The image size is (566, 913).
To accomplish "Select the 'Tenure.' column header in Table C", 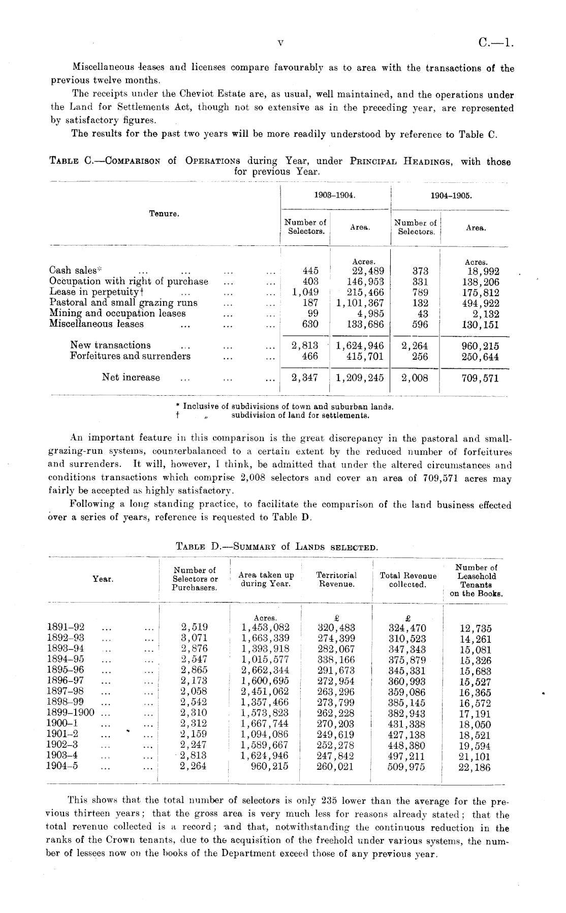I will (164, 214).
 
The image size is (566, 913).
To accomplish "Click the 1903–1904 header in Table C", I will (335, 195).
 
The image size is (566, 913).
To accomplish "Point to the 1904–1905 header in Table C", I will (450, 195).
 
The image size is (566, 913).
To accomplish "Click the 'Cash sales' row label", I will (73, 270).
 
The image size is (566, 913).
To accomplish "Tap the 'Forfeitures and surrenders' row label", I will (130, 356).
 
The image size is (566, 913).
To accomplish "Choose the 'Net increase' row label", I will (131, 377).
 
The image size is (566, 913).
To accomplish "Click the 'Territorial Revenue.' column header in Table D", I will (336, 580).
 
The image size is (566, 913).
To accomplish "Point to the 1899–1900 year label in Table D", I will (70, 713).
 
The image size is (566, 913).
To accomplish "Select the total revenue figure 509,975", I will (406, 767).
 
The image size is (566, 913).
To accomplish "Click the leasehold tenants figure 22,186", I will (475, 768).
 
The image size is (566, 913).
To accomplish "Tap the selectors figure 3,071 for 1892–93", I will (194, 638).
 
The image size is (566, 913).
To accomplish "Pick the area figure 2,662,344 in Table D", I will (265, 670).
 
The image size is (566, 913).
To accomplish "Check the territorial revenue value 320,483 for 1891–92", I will (336, 628).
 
